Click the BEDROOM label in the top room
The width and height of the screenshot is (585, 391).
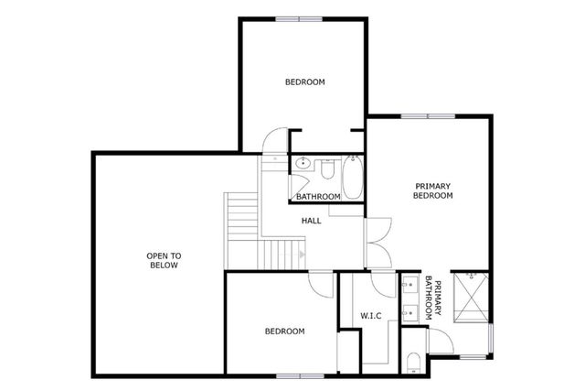click(x=304, y=82)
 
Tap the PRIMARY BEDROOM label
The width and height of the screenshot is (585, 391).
click(x=432, y=190)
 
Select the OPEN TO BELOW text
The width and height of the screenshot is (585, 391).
click(x=164, y=260)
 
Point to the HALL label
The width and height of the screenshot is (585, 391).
click(x=311, y=221)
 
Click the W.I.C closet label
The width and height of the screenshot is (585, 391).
click(x=370, y=316)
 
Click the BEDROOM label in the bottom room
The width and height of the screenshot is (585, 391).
click(x=284, y=331)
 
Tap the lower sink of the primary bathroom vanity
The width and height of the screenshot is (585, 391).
click(x=408, y=312)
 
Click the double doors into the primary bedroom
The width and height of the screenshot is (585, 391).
click(x=378, y=240)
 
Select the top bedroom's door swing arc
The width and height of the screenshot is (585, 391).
click(x=271, y=142)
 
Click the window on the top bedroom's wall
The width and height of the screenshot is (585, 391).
click(x=299, y=18)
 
